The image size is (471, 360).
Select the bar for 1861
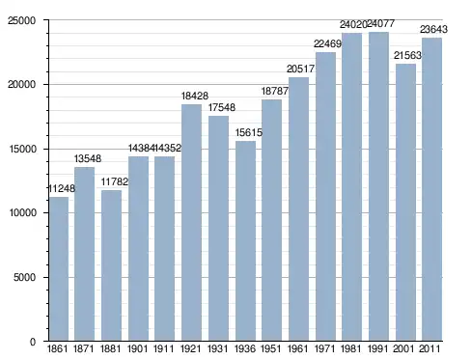59,269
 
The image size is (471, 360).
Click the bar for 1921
191,223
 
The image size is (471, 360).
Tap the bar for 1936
245,241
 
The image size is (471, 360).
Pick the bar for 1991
378,186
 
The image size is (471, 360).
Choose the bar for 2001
405,203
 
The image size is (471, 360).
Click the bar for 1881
111,265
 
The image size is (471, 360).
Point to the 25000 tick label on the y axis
21,20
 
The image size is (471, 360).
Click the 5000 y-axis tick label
24,277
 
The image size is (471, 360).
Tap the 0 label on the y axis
33,342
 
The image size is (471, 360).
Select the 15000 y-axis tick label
21,149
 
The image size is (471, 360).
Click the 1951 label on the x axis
271,348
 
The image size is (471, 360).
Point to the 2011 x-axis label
429,348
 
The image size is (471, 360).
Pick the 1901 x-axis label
138,348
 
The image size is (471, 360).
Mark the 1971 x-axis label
324,348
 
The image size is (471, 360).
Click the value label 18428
195,96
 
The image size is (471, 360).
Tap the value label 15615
249,132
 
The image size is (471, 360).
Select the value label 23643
433,29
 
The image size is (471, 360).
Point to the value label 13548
88,158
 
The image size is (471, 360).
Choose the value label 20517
300,69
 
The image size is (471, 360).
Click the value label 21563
407,56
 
